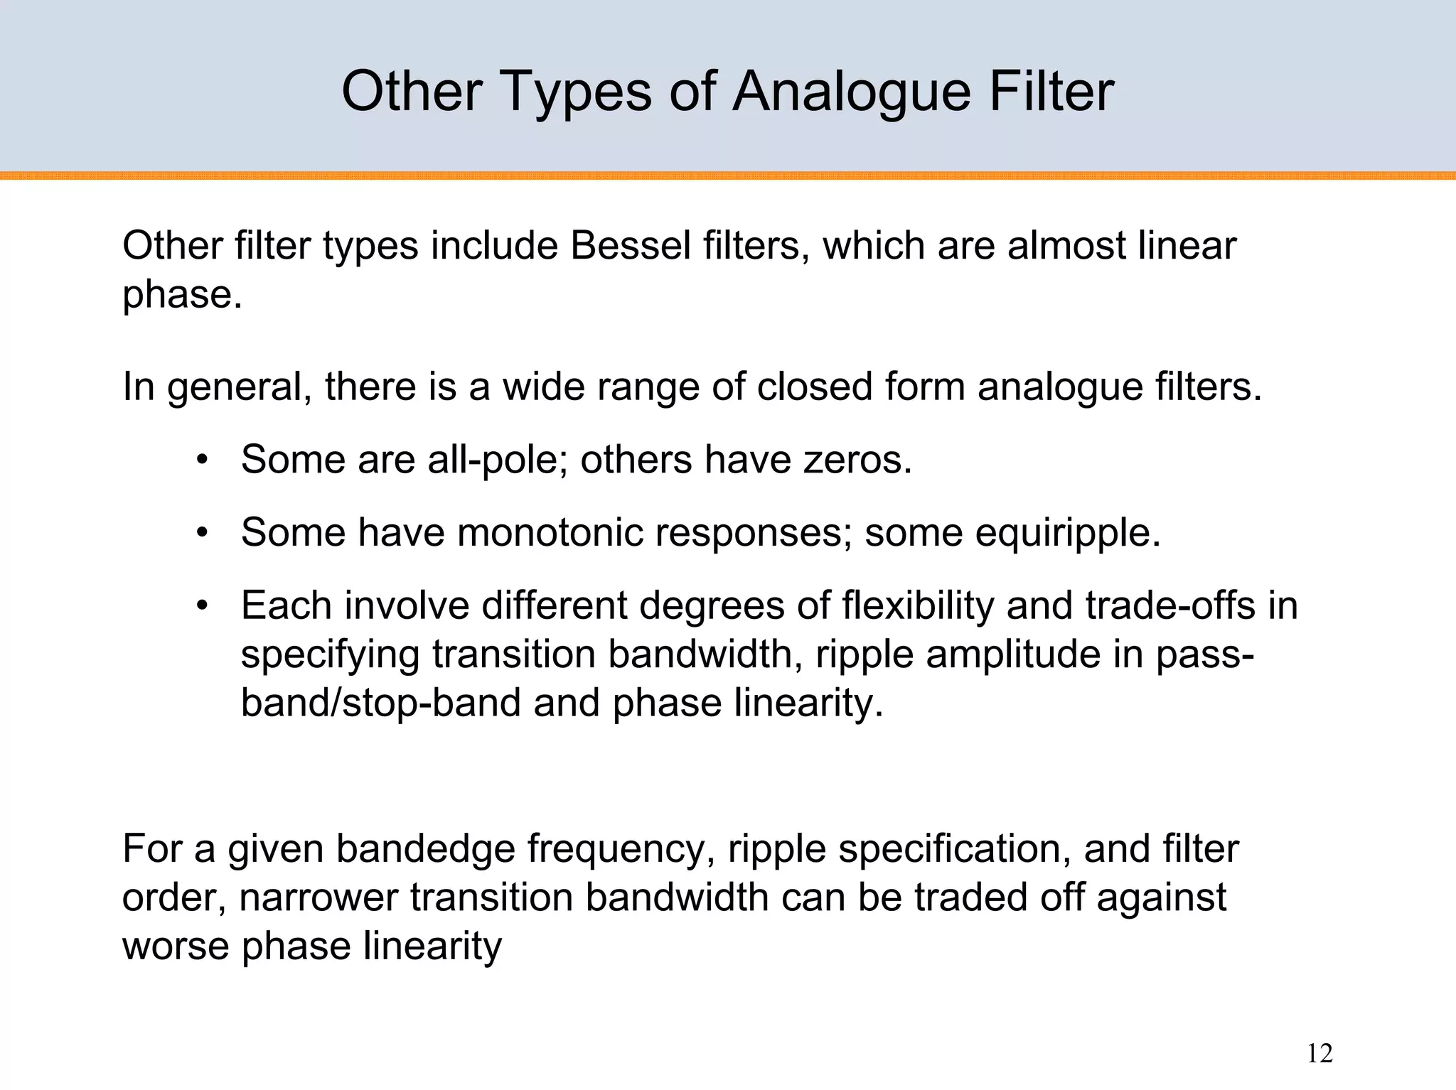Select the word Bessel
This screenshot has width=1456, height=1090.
tap(630, 246)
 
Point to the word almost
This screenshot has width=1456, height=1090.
tap(1068, 246)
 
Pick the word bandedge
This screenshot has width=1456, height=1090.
tap(424, 848)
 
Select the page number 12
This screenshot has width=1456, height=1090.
tap(1319, 1053)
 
